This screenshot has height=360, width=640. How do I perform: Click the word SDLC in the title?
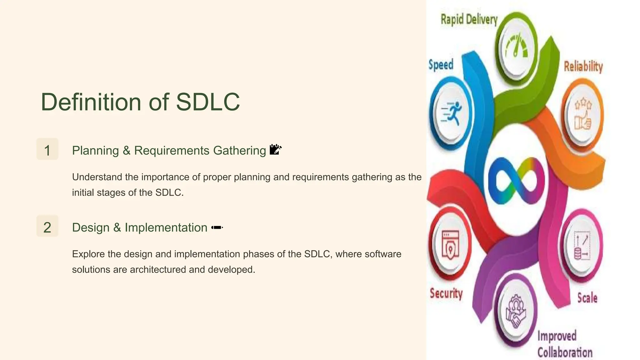click(x=208, y=102)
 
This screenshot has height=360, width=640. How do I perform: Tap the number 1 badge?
click(x=47, y=150)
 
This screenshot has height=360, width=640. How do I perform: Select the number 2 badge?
click(x=47, y=227)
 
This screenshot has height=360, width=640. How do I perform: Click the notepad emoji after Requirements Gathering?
click(x=275, y=149)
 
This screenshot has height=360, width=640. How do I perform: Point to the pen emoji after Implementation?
click(x=217, y=227)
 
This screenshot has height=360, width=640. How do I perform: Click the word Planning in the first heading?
click(x=95, y=151)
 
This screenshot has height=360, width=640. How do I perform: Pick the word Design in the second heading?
click(x=91, y=227)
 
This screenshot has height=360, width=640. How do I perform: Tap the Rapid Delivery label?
click(x=469, y=19)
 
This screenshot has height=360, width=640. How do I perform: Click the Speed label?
click(x=441, y=65)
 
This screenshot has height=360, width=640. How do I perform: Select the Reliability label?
click(x=583, y=67)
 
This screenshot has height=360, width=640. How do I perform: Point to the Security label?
click(x=446, y=293)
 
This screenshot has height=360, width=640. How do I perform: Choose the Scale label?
click(x=587, y=298)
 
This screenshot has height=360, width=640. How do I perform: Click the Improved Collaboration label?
click(x=564, y=344)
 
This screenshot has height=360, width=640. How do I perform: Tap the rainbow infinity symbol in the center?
click(x=516, y=181)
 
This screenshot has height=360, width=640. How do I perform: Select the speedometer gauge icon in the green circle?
click(x=516, y=47)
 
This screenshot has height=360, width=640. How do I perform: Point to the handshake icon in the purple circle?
click(x=516, y=311)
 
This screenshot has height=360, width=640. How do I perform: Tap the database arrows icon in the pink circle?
click(x=582, y=247)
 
